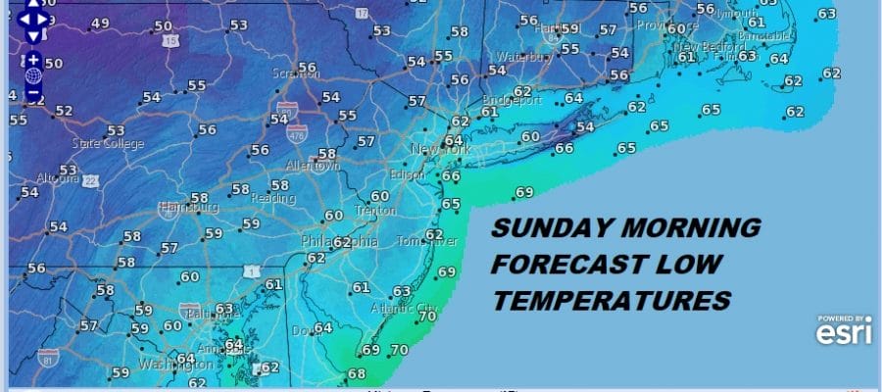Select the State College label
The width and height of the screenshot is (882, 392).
click(x=108, y=144)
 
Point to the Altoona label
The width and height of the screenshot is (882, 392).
click(x=51, y=177)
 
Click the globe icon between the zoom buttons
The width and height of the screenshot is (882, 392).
click(x=33, y=75)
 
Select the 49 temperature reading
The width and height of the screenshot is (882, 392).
click(x=100, y=24)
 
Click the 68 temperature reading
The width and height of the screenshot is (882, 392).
click(x=356, y=373)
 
